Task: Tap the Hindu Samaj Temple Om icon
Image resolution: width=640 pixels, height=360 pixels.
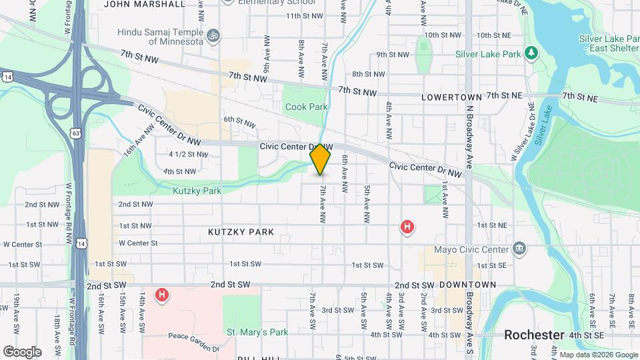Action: tap(214, 33)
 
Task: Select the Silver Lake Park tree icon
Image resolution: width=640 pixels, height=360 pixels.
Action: tap(531, 52)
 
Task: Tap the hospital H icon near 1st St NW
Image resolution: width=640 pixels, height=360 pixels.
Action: tap(407, 227)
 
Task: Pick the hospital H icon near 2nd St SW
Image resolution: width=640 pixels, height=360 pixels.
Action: tap(161, 294)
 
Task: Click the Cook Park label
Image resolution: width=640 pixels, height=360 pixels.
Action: tap(307, 107)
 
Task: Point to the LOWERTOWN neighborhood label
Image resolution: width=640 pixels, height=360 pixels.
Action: tap(451, 97)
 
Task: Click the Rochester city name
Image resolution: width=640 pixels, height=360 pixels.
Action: tap(534, 335)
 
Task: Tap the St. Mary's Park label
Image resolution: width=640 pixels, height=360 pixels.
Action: tap(257, 332)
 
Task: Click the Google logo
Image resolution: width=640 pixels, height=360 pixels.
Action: tap(22, 351)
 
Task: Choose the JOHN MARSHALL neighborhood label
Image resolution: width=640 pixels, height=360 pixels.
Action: tap(145, 4)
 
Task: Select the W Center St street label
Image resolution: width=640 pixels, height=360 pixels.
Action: tap(138, 243)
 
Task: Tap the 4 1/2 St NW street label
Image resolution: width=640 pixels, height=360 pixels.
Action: tap(189, 154)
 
